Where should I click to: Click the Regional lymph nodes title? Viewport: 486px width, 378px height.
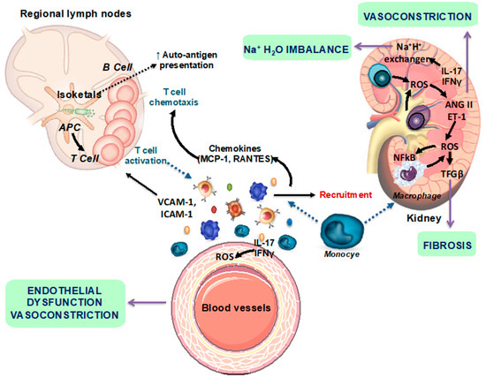click(x=76, y=14)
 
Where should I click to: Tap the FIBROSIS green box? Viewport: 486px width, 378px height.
click(x=446, y=244)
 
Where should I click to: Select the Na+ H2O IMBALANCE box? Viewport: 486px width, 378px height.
click(x=297, y=48)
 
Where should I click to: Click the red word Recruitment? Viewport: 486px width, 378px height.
click(x=346, y=194)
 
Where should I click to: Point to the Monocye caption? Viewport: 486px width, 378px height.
click(x=342, y=254)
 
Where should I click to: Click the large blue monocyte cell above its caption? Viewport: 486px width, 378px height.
click(x=342, y=231)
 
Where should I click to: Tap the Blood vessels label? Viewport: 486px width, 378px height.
click(x=236, y=307)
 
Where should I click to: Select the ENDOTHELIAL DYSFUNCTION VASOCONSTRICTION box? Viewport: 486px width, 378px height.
click(x=65, y=303)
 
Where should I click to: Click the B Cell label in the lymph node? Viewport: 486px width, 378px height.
click(x=118, y=67)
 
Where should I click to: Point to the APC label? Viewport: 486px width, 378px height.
click(x=70, y=127)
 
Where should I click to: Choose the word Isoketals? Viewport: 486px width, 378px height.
click(x=79, y=94)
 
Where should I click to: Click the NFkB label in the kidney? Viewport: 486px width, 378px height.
click(x=405, y=157)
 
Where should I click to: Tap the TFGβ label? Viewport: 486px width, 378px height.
click(x=452, y=174)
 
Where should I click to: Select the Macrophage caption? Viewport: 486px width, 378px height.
click(x=417, y=196)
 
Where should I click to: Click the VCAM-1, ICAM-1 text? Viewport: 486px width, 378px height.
click(x=177, y=208)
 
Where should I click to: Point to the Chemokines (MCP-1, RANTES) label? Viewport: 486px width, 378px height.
click(x=235, y=154)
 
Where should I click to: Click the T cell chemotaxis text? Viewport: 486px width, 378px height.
click(x=173, y=97)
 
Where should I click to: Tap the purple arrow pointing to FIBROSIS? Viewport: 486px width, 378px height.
click(x=451, y=203)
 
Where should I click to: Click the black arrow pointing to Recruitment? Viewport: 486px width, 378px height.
click(x=294, y=195)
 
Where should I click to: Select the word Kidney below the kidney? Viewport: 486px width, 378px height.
click(x=423, y=218)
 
